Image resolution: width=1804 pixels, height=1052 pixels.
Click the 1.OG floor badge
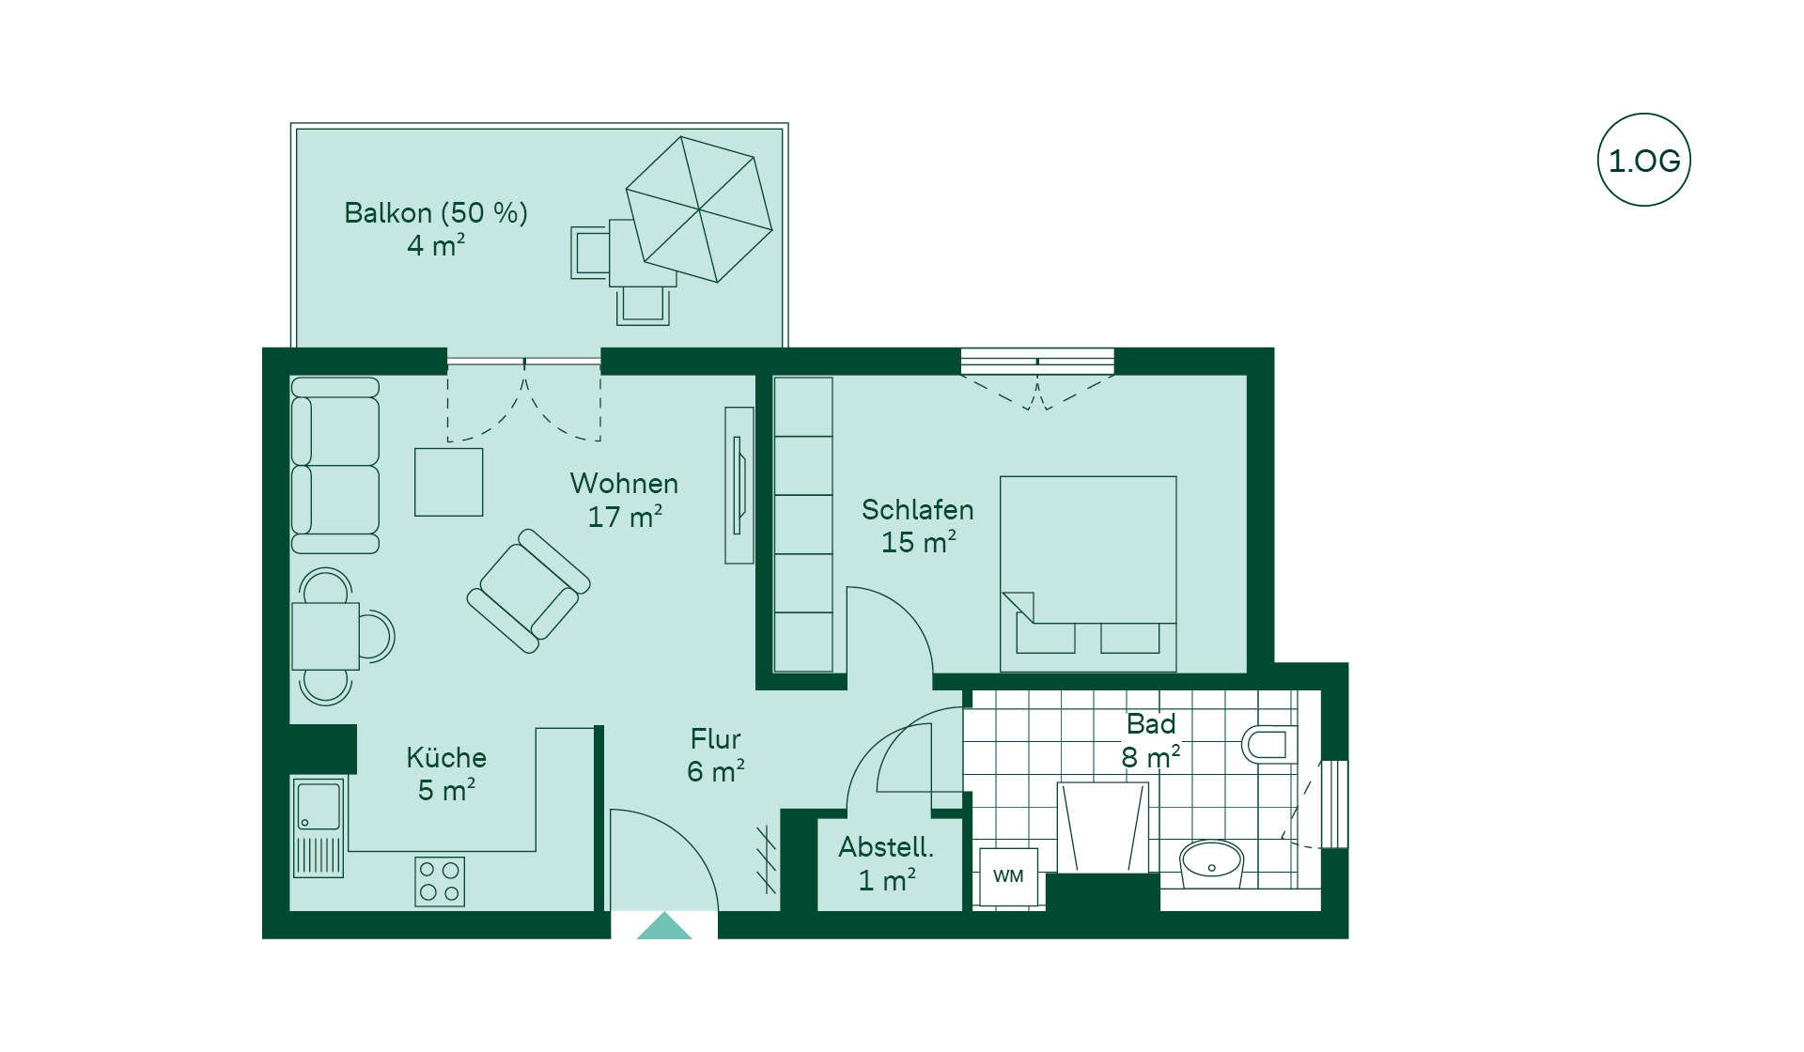[x=1643, y=160]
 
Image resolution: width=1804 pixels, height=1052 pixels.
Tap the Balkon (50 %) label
[x=436, y=213]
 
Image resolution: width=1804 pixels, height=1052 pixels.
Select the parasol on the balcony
[x=699, y=209]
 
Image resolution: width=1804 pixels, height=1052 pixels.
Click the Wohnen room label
[x=624, y=484]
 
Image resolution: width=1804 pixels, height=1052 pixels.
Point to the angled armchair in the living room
[x=528, y=591]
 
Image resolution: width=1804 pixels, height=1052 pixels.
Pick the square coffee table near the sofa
[x=449, y=482]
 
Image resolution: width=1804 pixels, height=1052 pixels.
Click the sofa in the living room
[x=334, y=465]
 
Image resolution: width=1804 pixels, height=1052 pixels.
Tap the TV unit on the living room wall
[x=739, y=486]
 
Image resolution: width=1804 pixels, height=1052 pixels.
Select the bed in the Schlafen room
[x=1088, y=574]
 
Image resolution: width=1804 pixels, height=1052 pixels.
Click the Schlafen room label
[x=917, y=510]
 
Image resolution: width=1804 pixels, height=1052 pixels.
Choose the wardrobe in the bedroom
[x=803, y=525]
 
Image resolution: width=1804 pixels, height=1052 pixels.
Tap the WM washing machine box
[x=1008, y=876]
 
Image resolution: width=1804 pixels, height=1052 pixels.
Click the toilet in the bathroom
[x=1269, y=744]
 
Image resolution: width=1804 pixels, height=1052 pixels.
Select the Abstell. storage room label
[x=886, y=847]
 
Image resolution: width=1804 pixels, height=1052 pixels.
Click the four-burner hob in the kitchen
[x=440, y=881]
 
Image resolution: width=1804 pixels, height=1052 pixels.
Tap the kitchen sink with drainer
[x=319, y=827]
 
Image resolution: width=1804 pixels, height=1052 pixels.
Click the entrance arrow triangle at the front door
[x=664, y=925]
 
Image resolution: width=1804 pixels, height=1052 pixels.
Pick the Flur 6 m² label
[x=716, y=755]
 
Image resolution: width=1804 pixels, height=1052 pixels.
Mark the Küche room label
[x=446, y=757]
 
